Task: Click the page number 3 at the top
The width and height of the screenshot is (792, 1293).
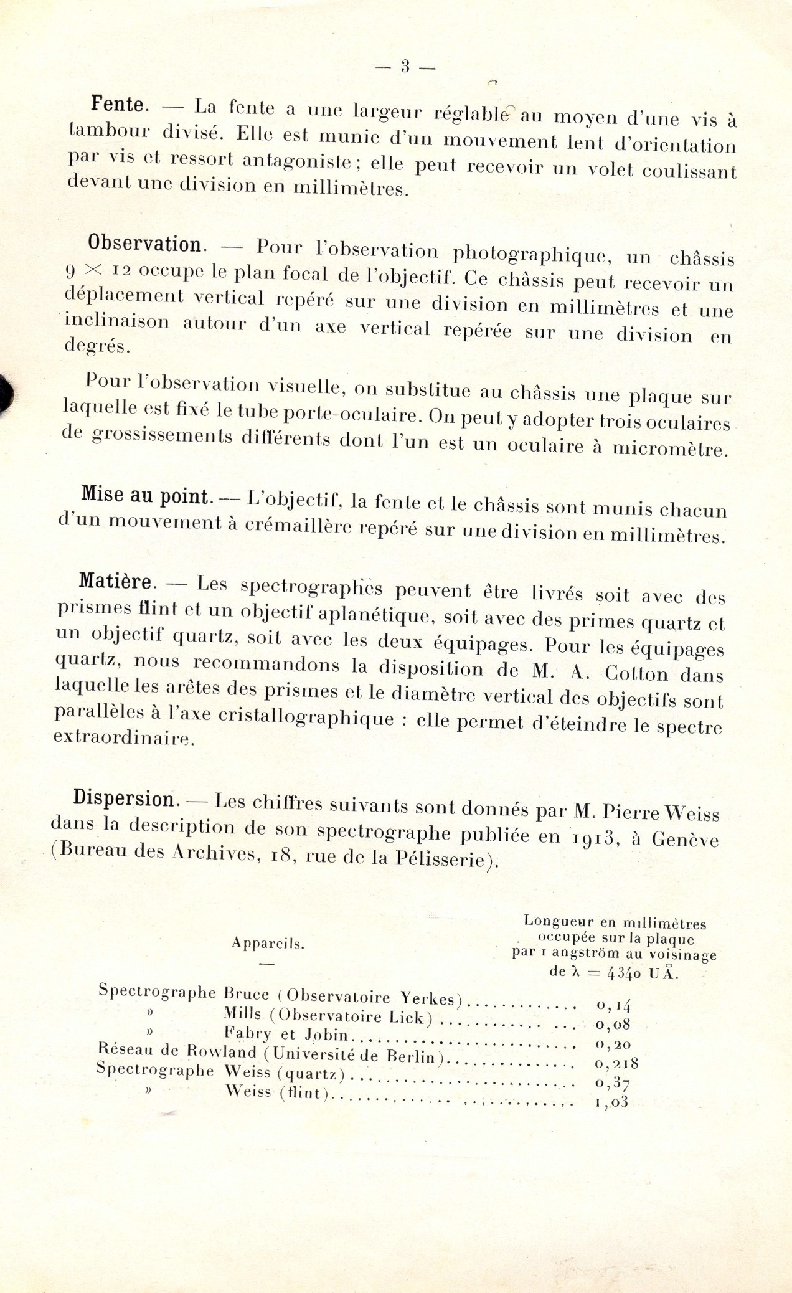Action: click(x=405, y=67)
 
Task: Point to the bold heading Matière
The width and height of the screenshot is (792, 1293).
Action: click(x=116, y=581)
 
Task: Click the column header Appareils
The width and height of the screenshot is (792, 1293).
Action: click(x=268, y=943)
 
